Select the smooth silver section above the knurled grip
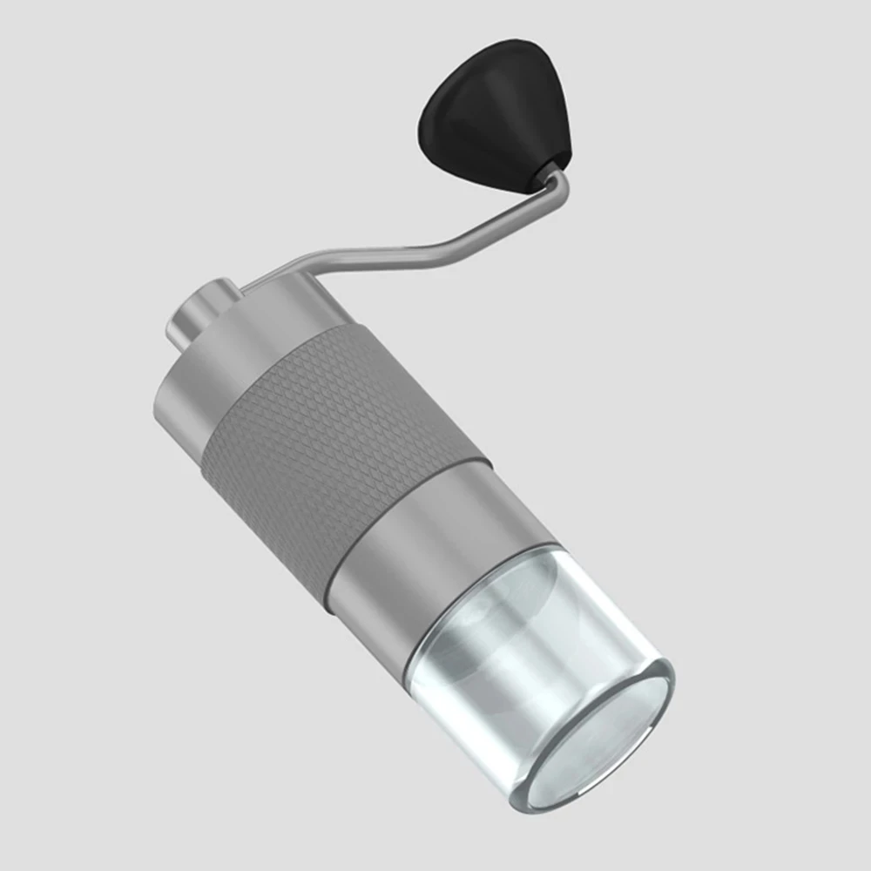pyautogui.click(x=235, y=357)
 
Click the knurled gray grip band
pyautogui.click(x=340, y=435)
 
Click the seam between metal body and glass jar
pyautogui.click(x=479, y=610)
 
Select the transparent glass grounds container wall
pyautogui.click(x=488, y=697)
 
